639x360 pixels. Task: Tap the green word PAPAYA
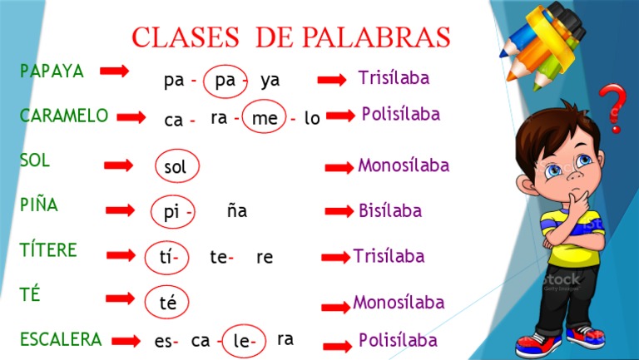[x=52, y=72]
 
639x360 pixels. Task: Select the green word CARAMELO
[x=63, y=116]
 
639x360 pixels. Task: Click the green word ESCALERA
[x=61, y=339]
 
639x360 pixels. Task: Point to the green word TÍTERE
[x=48, y=250]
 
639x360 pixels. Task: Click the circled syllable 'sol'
[x=176, y=166]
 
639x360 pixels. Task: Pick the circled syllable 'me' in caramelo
[x=265, y=119]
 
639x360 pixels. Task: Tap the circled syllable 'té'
[x=167, y=302]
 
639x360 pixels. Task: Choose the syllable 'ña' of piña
[x=237, y=211]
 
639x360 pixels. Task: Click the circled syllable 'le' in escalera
[x=243, y=341]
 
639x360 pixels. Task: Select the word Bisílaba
[x=389, y=211]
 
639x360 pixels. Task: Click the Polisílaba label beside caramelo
[x=400, y=115]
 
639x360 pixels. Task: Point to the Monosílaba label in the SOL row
[x=403, y=165]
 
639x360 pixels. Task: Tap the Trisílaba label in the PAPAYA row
[x=394, y=78]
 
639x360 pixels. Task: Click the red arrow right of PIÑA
[x=120, y=210]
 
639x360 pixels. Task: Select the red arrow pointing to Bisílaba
[x=339, y=211]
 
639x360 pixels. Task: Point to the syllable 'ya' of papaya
[x=270, y=81]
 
